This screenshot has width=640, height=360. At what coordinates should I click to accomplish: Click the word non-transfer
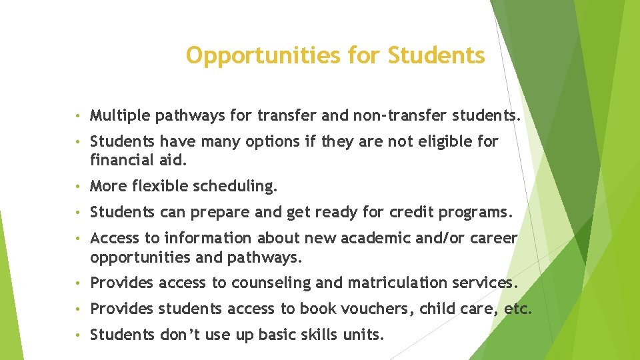pos(395,117)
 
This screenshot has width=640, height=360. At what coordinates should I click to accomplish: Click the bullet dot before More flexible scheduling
pos(79,186)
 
